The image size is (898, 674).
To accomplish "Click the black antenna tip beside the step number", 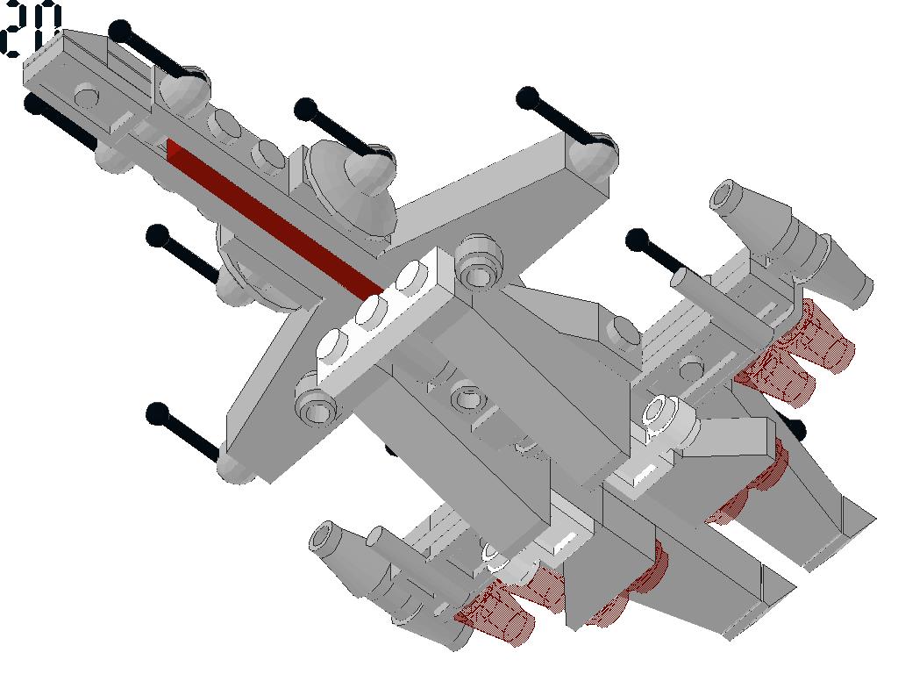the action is point(120,31).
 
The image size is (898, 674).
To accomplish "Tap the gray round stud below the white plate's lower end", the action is point(315,401).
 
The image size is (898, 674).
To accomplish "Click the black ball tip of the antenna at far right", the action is point(637,240).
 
